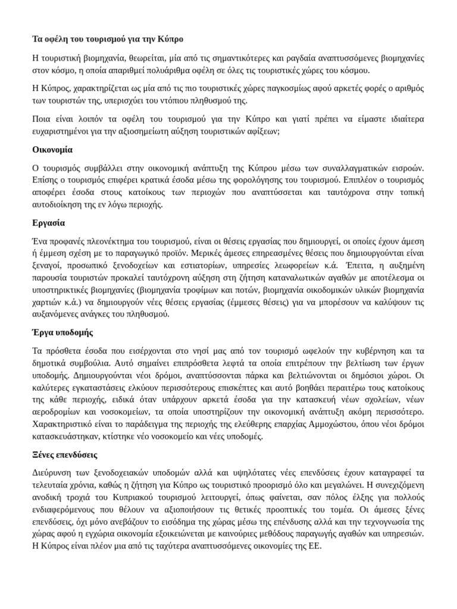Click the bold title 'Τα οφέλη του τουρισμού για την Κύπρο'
(108, 39)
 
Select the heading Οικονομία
(52, 149)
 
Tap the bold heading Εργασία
(48, 223)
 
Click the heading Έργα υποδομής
(62, 332)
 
